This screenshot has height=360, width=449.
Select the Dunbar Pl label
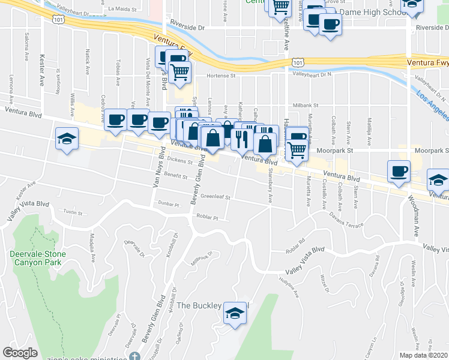(x=169, y=205)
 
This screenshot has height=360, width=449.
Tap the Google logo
(x=20, y=353)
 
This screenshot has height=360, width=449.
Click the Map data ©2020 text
(x=423, y=355)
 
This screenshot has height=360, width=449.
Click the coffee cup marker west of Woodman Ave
(x=399, y=172)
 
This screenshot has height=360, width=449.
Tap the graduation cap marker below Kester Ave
(x=66, y=139)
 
